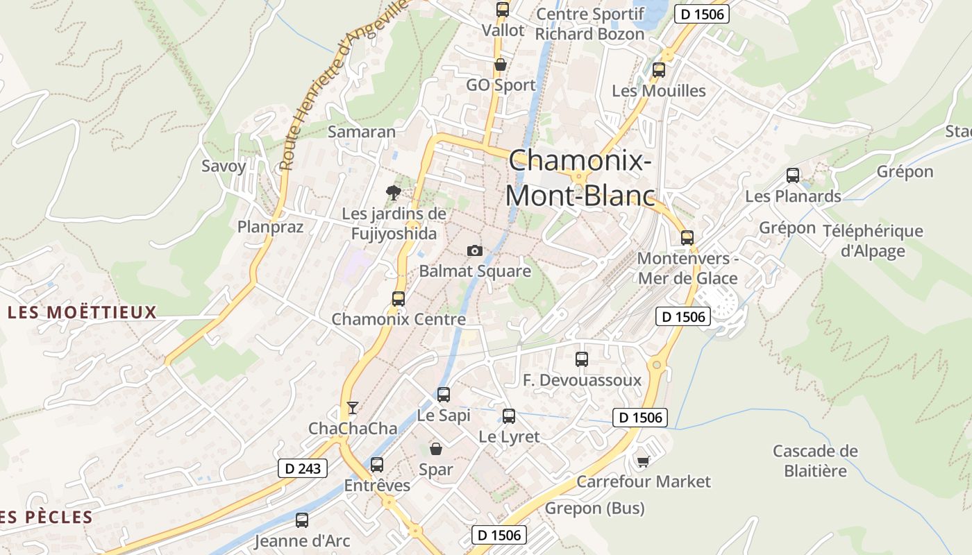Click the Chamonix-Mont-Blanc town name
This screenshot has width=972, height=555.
(580, 178)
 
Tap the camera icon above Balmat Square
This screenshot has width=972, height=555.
(475, 250)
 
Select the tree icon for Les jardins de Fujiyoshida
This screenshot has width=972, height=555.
(394, 192)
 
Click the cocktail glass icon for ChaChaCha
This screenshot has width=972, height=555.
(353, 408)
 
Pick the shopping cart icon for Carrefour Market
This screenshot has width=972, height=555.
(644, 461)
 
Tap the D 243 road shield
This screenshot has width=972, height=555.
(303, 468)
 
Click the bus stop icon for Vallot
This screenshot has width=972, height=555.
(503, 10)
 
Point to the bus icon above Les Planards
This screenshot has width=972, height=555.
(793, 176)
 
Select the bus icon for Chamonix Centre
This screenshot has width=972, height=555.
(399, 299)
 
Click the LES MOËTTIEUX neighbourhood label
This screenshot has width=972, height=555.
(83, 313)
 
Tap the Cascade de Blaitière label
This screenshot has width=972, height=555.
(815, 461)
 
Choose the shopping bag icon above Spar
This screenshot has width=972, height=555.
(436, 449)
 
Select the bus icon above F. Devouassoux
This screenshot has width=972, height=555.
(582, 359)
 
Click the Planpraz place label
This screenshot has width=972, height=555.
(270, 227)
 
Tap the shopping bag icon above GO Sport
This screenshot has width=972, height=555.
(500, 65)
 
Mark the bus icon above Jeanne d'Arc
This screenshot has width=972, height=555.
(302, 520)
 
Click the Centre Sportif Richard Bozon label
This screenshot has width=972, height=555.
(590, 24)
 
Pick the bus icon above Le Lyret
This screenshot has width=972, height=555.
(509, 416)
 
